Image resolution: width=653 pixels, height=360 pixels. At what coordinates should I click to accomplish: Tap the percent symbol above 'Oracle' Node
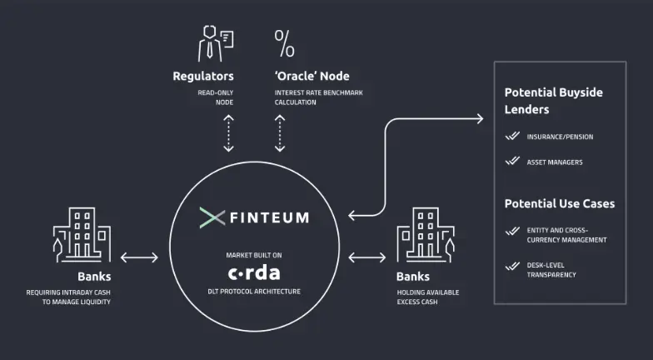[x=284, y=42]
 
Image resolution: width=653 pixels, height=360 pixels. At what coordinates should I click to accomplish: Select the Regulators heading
[x=202, y=76]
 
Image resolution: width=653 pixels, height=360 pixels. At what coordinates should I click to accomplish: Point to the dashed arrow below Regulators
[x=228, y=133]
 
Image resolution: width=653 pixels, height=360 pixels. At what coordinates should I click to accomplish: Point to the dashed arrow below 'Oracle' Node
[x=280, y=133]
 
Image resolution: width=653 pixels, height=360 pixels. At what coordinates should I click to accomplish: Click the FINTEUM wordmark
[x=270, y=217]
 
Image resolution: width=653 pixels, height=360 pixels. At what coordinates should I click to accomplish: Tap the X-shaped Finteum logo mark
[x=212, y=217]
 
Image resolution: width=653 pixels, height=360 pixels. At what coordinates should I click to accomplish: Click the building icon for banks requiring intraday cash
[x=82, y=232]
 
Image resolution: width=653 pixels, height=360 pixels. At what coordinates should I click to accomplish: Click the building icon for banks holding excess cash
[x=426, y=232]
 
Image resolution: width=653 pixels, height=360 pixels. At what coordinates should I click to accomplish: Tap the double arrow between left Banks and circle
[x=139, y=257]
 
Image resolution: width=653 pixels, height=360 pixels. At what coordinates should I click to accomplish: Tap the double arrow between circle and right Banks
[x=367, y=257]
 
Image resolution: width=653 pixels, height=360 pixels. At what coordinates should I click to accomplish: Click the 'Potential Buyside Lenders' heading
[x=553, y=101]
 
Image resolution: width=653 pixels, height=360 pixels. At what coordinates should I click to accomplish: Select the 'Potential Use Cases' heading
[x=559, y=203]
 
